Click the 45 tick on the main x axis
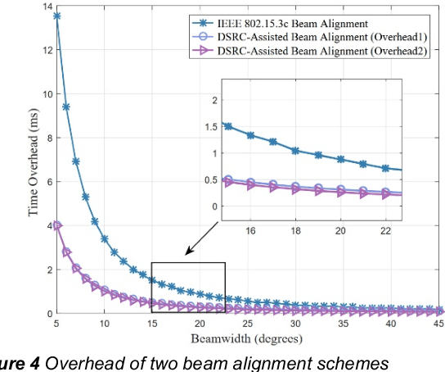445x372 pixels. coord(439,324)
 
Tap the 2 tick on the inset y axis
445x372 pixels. coord(215,100)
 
